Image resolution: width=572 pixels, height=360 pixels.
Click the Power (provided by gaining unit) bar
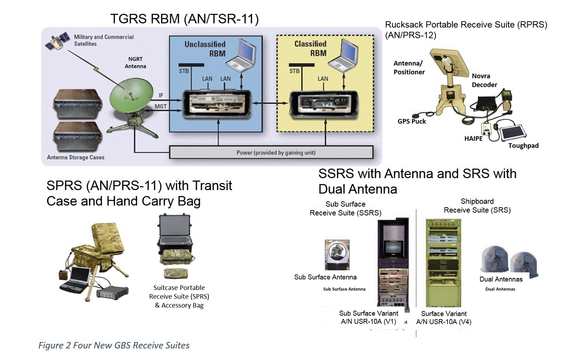(x=271, y=152)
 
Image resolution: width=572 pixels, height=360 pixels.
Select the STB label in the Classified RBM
(x=294, y=72)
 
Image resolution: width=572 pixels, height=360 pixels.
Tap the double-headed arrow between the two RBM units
(x=269, y=105)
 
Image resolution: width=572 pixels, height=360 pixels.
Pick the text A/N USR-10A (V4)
(x=443, y=322)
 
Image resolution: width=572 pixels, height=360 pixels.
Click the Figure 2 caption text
(x=113, y=345)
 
